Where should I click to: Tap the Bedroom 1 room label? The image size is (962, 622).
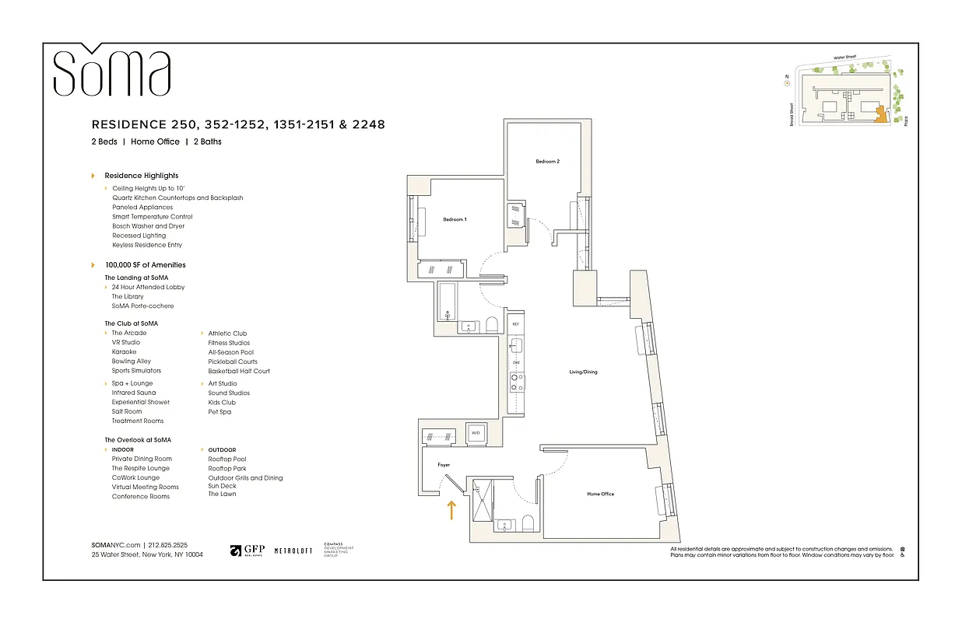tap(455, 220)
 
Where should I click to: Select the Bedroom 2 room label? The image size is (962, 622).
tap(547, 162)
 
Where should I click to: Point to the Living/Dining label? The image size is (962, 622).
tap(583, 372)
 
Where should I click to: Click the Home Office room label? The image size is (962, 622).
tap(600, 494)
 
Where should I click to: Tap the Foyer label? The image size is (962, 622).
tap(444, 465)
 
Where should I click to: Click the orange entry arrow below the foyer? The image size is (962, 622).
tap(450, 510)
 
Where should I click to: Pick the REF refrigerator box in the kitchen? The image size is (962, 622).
tap(514, 323)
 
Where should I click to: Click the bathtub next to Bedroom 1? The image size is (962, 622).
tap(448, 304)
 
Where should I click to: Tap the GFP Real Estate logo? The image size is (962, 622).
tap(248, 550)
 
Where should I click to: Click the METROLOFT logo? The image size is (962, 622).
tap(293, 551)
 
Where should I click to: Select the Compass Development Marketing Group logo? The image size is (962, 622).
tap(338, 550)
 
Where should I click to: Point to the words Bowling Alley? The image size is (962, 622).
tap(131, 362)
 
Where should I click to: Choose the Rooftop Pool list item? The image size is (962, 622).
tap(226, 460)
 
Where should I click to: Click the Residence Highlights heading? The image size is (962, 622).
tap(141, 176)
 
